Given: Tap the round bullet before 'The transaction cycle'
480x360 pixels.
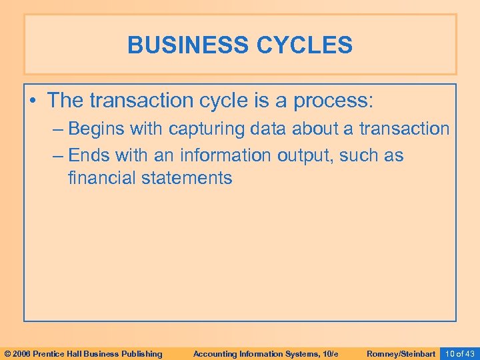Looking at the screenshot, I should pos(35,101).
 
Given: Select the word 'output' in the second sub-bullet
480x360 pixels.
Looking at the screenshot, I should pos(305,155).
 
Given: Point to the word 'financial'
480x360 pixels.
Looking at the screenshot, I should pos(103,178).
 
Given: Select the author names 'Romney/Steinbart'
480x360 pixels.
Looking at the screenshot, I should pos(401,353).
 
